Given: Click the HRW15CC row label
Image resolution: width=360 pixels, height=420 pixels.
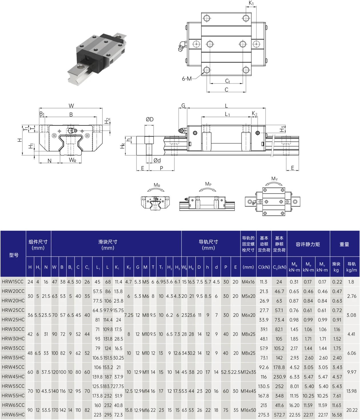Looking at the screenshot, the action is tap(13, 282).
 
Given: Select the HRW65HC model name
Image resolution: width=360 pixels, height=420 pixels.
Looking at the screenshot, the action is tap(13, 415).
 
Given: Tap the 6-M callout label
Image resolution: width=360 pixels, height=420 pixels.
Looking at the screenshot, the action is tap(187, 79).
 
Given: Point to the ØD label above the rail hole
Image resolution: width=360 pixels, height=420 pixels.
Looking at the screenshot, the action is tap(150, 119).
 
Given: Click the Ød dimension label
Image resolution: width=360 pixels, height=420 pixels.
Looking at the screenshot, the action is tap(157, 160).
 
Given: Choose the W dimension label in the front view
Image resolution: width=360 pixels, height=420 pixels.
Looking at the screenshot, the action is tap(71, 106).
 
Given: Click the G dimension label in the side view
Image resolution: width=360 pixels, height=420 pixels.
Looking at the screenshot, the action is tap(183, 106).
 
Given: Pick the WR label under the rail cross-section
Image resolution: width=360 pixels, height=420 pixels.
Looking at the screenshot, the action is tap(73, 160).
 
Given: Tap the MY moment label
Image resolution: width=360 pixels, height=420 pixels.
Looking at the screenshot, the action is tap(274, 179).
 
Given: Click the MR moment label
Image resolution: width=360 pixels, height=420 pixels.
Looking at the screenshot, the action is tap(157, 185).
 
